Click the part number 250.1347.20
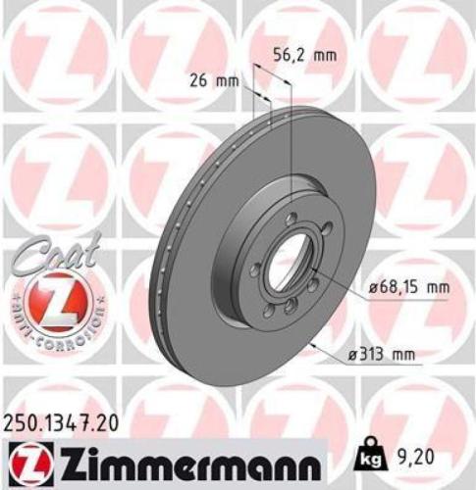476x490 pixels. tap(67, 422)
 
